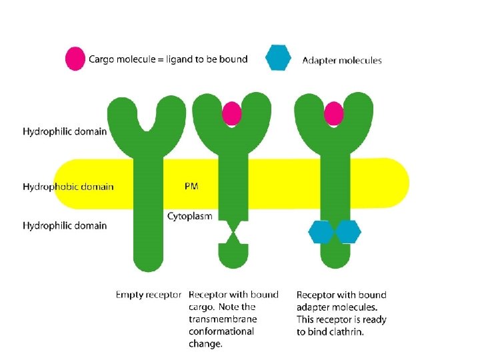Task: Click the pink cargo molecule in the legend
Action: point(75,59)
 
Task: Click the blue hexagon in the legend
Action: point(279,57)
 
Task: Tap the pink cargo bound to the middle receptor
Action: point(231,113)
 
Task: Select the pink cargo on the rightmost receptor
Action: point(333,113)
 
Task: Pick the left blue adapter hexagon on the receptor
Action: point(321,232)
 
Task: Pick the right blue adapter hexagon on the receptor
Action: point(347,232)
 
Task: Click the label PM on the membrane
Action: point(191,187)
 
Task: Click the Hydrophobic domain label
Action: point(68,187)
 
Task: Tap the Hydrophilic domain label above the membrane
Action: point(65,131)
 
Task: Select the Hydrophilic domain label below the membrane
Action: point(65,225)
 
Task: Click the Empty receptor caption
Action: point(148,295)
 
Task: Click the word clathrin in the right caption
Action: point(347,332)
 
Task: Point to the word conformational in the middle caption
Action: point(221,331)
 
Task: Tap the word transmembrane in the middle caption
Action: point(222,319)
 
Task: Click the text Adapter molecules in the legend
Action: point(342,61)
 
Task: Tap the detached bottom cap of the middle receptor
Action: point(233,255)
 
